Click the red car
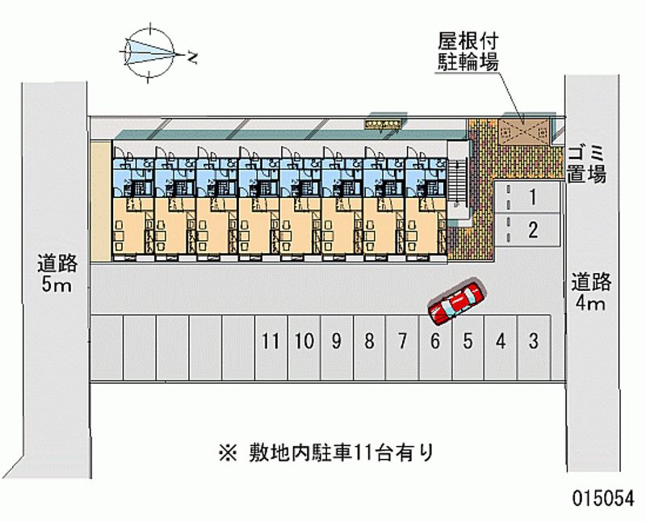click(x=455, y=302)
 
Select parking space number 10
click(x=304, y=341)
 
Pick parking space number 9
click(x=336, y=341)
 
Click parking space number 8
click(x=369, y=341)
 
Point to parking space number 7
click(x=401, y=341)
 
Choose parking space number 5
click(x=468, y=341)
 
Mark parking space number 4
click(x=501, y=341)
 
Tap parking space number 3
click(x=533, y=341)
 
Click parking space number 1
click(x=532, y=196)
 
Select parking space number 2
click(x=532, y=229)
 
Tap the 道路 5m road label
click(x=56, y=275)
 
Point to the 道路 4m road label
click(x=592, y=293)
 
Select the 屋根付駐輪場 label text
click(x=467, y=50)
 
